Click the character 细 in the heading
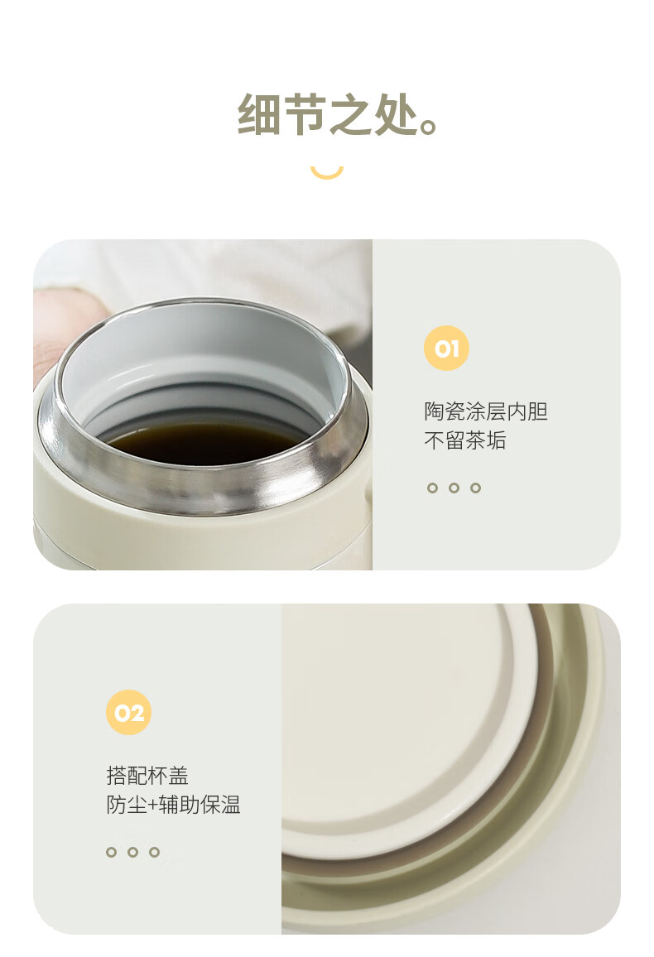[x=259, y=114]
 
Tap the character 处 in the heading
[x=396, y=114]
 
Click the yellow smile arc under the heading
[x=326, y=173]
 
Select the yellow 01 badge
[x=446, y=348]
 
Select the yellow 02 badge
[x=128, y=712]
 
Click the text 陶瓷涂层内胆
[x=486, y=411]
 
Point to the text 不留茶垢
[x=465, y=440]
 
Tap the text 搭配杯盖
[x=147, y=776]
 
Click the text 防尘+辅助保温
[x=173, y=805]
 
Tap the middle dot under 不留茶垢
[x=454, y=488]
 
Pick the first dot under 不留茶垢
[x=432, y=488]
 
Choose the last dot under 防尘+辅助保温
[x=154, y=852]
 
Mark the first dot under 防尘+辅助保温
[x=111, y=852]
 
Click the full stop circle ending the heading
[x=429, y=127]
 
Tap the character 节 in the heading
[x=305, y=114]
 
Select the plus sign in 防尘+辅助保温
[x=153, y=806]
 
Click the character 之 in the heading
[x=350, y=114]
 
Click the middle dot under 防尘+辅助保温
[x=133, y=852]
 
